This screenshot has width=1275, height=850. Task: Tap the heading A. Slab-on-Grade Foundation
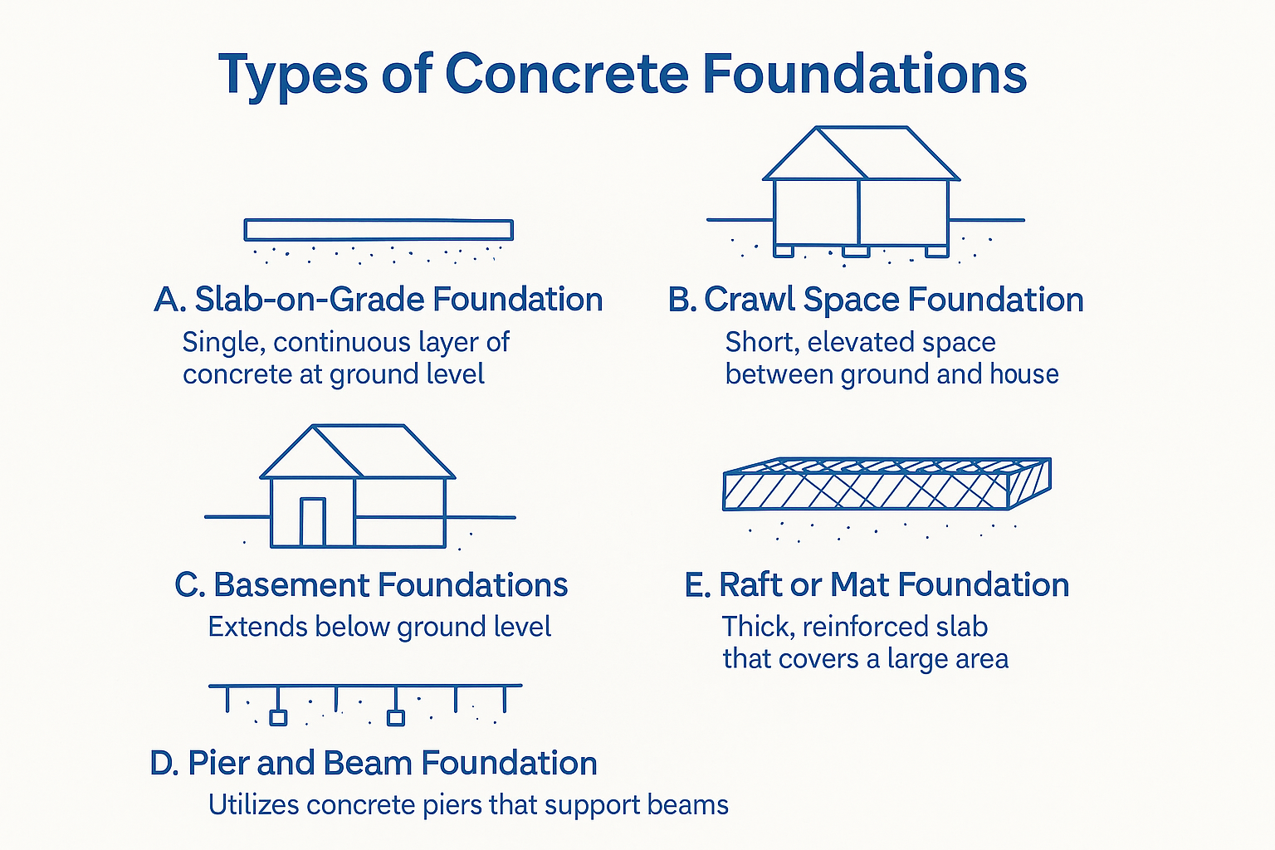pos(379,300)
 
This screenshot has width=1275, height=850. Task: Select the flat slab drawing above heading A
pos(379,230)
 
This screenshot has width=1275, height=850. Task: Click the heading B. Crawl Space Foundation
pos(876,300)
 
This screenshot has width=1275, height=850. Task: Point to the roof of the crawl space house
pos(861,154)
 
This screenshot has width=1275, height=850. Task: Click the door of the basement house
pos(313,522)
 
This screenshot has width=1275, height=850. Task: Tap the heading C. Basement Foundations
pos(371,585)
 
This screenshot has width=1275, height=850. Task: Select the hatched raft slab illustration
pos(887,485)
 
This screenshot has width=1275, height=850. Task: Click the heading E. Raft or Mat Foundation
pos(877,585)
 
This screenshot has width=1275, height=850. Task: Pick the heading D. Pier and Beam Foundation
pos(374,764)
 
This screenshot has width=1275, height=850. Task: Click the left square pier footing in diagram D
pos(278,717)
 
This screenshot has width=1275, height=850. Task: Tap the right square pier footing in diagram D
pos(396,717)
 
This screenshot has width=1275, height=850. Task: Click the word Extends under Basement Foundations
pos(247,627)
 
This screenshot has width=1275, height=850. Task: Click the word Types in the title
pos(292,75)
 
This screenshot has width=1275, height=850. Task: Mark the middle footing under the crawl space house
pos(856,251)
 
